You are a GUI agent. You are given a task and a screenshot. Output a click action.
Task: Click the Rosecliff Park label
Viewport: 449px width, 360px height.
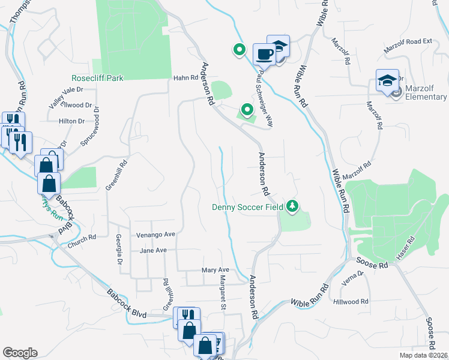97,78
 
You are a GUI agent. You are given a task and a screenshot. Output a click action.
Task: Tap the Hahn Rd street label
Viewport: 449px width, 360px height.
185,78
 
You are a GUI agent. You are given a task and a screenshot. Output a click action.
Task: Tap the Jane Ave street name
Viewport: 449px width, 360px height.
152,250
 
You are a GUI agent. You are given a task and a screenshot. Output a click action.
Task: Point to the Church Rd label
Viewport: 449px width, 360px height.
82,238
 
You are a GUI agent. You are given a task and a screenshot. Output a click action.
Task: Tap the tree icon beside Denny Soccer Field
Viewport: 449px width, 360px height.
292,206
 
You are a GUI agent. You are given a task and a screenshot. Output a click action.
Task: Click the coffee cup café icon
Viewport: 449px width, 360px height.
264,54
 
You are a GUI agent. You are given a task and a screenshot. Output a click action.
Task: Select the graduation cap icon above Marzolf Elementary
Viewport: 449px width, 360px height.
387,80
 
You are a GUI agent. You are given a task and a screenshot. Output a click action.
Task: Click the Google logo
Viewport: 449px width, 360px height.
20,353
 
